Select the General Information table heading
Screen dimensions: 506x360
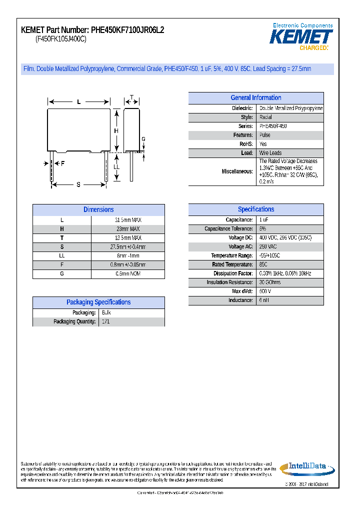click(x=255, y=98)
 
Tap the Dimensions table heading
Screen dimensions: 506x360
click(x=98, y=210)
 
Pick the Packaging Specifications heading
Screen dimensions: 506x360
click(x=98, y=302)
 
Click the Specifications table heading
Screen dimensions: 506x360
click(x=255, y=209)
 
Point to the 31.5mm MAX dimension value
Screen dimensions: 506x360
click(x=128, y=220)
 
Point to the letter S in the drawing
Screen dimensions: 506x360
click(x=78, y=185)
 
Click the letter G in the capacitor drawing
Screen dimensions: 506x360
click(x=143, y=139)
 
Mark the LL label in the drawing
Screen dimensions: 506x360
click(x=116, y=166)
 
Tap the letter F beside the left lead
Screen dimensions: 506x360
click(x=63, y=163)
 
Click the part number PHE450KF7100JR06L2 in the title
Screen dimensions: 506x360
click(x=127, y=30)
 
